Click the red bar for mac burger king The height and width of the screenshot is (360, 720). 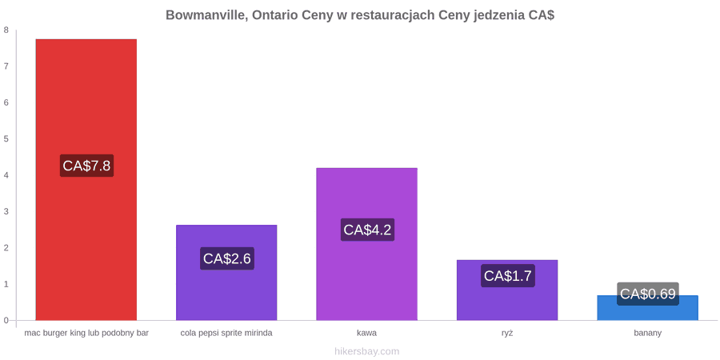pyautogui.click(x=86, y=179)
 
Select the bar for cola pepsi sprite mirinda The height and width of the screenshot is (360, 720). pyautogui.click(x=226, y=272)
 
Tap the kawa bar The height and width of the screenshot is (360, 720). pyautogui.click(x=367, y=244)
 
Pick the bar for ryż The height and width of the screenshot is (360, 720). pyautogui.click(x=507, y=290)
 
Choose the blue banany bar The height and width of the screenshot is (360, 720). pyautogui.click(x=647, y=308)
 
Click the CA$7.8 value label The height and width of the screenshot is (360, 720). pyautogui.click(x=86, y=166)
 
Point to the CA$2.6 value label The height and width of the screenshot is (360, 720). pyautogui.click(x=227, y=258)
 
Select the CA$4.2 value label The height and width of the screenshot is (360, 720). pyautogui.click(x=367, y=230)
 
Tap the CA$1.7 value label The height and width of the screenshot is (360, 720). pyautogui.click(x=508, y=276)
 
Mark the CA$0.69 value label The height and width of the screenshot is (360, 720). pyautogui.click(x=648, y=294)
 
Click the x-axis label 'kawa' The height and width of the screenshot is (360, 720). pyautogui.click(x=367, y=333)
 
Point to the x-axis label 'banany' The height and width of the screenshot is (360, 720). pyautogui.click(x=648, y=334)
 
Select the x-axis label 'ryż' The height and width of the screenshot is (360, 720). pyautogui.click(x=507, y=333)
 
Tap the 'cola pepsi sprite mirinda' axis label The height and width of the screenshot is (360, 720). pyautogui.click(x=226, y=334)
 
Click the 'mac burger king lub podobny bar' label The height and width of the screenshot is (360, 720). pyautogui.click(x=86, y=334)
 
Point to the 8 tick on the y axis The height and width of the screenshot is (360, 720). pyautogui.click(x=6, y=30)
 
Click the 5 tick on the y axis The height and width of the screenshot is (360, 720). pyautogui.click(x=6, y=139)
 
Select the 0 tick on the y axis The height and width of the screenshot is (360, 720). pyautogui.click(x=6, y=321)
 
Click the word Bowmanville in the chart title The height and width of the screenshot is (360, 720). pyautogui.click(x=206, y=15)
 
